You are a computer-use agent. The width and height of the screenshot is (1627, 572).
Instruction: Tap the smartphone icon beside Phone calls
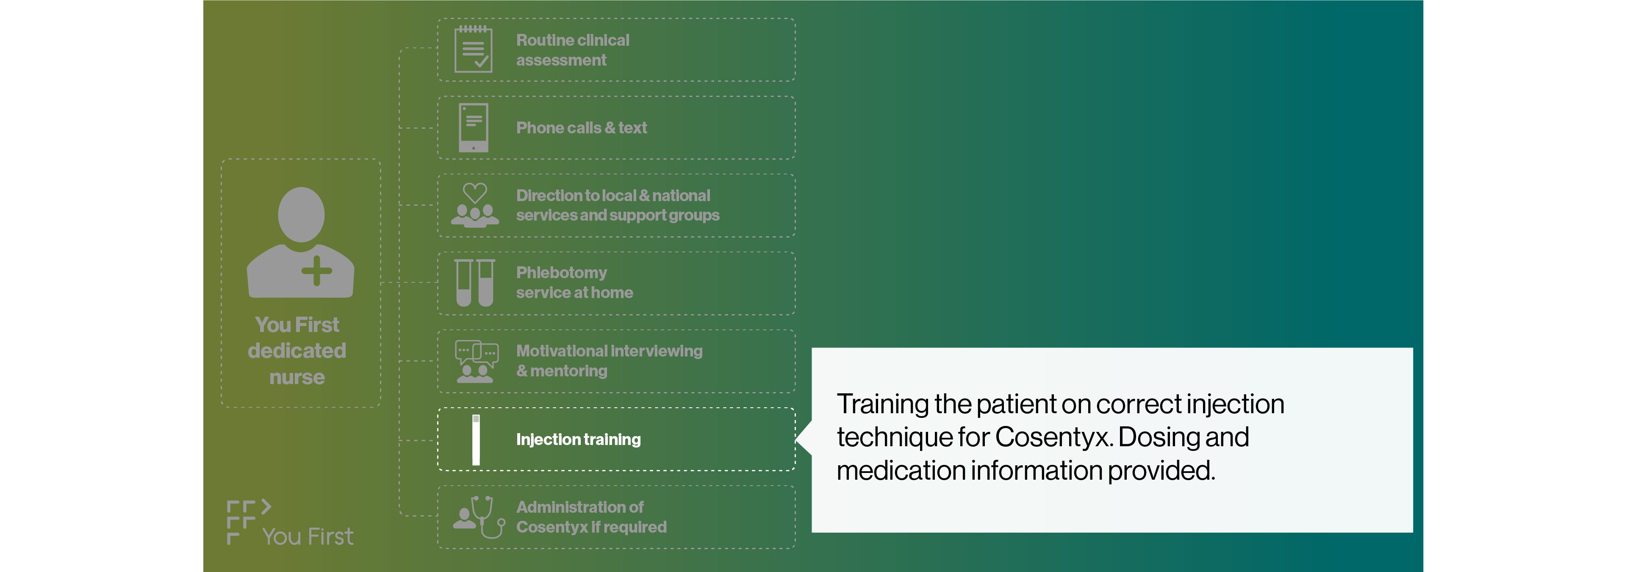tap(473, 127)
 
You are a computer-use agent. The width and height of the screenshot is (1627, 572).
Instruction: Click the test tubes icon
tap(475, 282)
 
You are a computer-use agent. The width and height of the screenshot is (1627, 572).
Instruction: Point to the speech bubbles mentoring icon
tap(476, 361)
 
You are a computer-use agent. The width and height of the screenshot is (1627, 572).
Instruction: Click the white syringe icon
tap(476, 440)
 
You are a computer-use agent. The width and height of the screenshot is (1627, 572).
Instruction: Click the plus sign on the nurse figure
tap(316, 271)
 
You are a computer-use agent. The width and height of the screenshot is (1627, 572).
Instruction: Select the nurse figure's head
tap(301, 214)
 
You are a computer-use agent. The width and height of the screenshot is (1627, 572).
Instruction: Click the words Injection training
tap(578, 439)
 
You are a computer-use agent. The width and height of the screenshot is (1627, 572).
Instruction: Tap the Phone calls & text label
tap(581, 127)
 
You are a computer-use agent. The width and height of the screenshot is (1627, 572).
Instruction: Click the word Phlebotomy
tap(561, 273)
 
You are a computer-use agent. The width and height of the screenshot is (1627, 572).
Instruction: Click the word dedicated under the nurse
tap(297, 351)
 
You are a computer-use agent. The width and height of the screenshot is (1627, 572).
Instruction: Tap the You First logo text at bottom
tap(308, 536)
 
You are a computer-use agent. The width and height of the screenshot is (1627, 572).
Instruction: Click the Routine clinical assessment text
tap(572, 50)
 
